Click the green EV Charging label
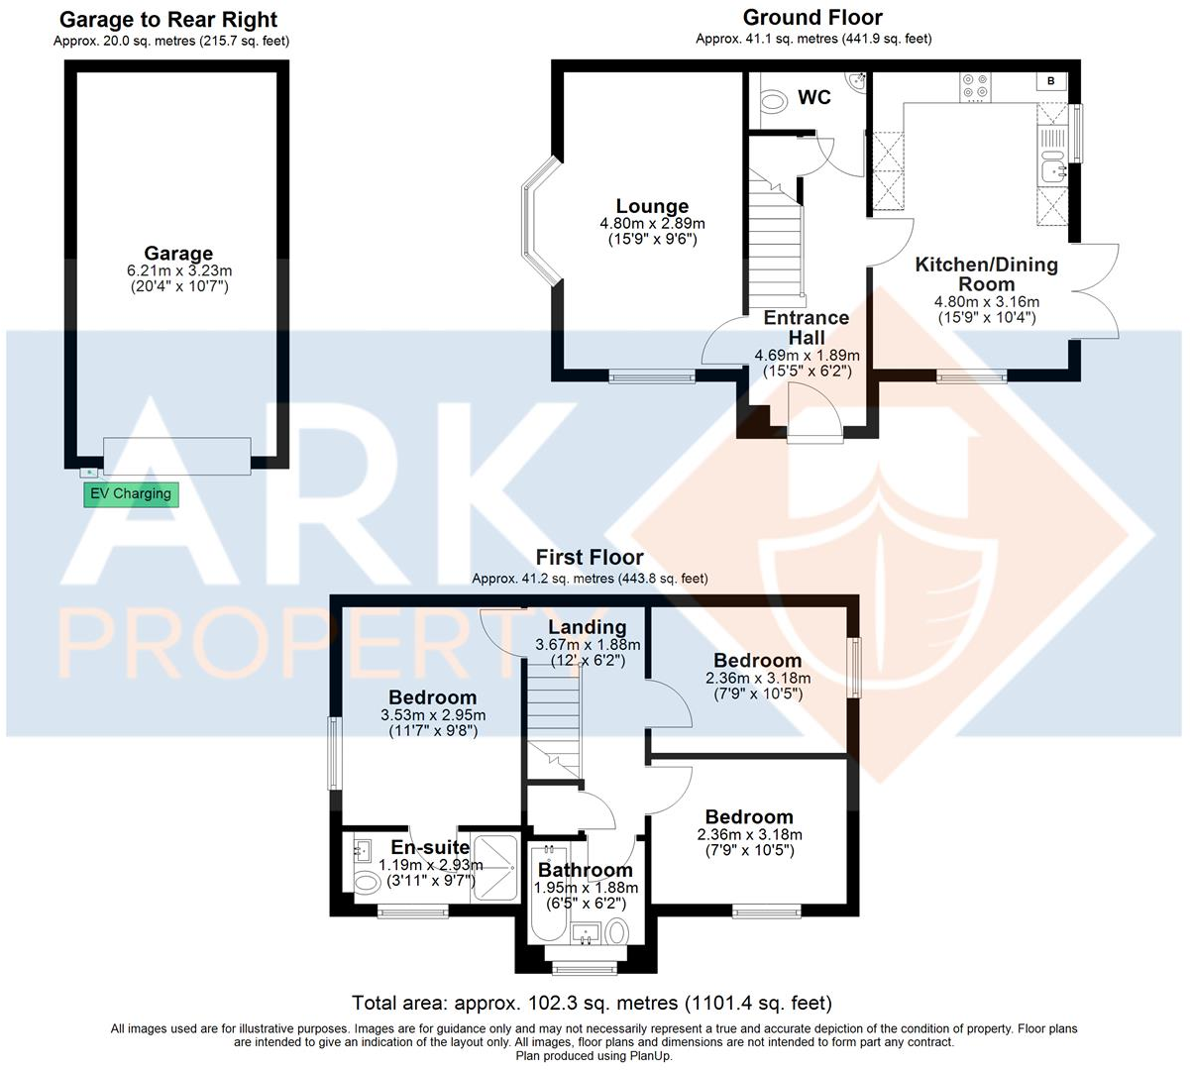131,493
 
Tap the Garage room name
178,254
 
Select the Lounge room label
652,206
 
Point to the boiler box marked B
1050,81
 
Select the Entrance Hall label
807,327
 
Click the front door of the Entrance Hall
812,411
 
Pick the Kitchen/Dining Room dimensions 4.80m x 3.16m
987,302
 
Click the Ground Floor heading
812,17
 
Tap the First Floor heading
590,558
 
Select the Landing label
587,627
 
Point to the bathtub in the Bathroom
546,892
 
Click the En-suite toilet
366,882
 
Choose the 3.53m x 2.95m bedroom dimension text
433,715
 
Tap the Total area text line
592,1003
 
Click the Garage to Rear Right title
169,20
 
